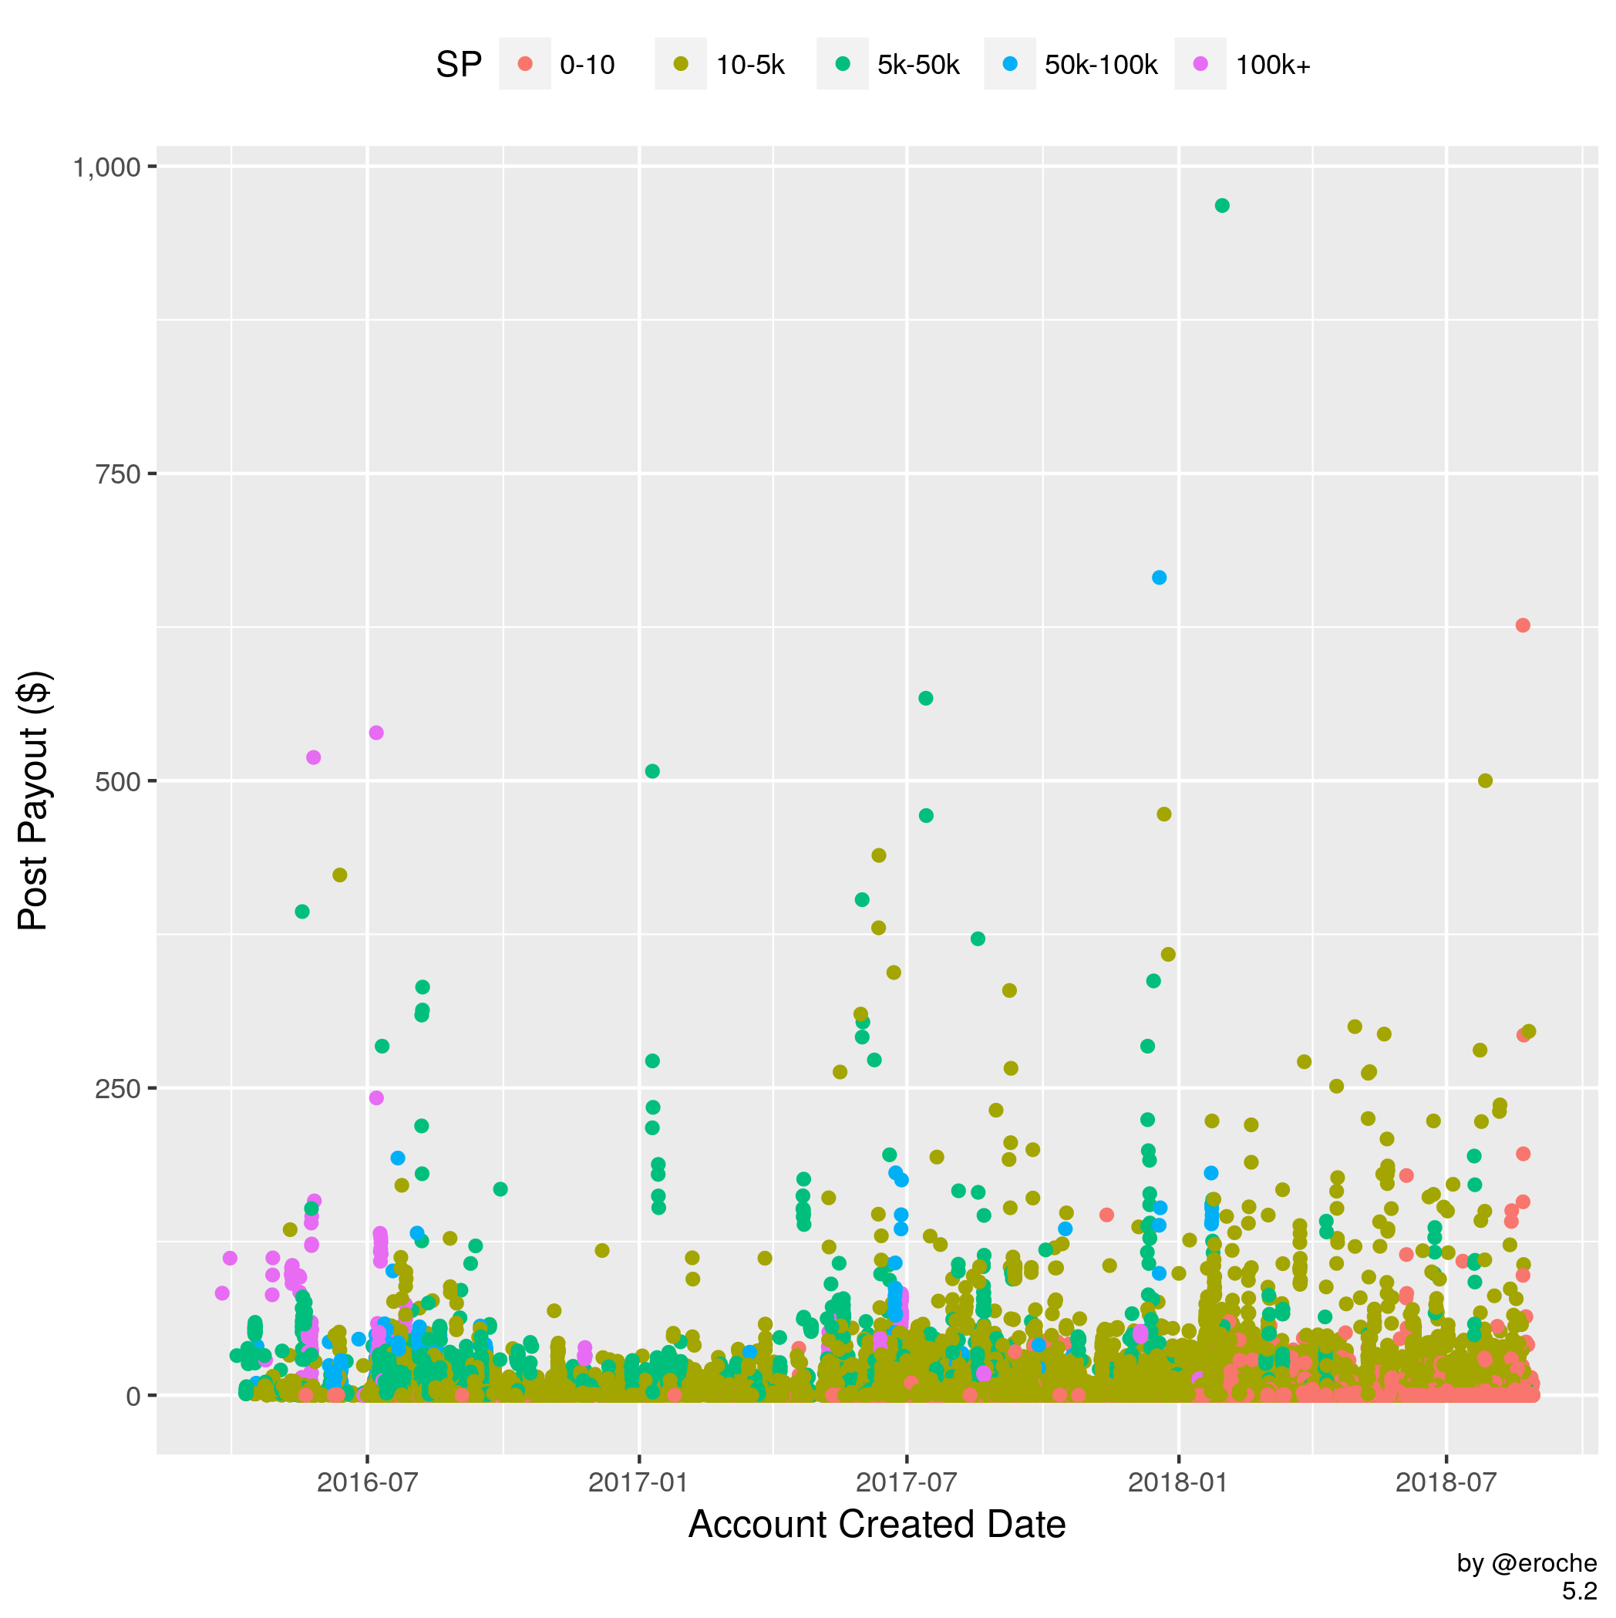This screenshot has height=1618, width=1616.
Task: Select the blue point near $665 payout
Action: coord(1159,578)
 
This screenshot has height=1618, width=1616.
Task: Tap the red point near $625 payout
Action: coord(1523,625)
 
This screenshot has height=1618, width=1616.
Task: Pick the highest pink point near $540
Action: coord(376,733)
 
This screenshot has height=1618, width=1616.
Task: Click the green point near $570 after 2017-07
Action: coord(925,699)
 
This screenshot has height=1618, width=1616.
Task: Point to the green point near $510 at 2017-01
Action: coord(652,771)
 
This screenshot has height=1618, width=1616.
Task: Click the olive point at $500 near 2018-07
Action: coord(1486,780)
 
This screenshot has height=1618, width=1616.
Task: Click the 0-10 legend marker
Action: coord(525,64)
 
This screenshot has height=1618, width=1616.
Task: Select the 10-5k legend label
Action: coord(750,66)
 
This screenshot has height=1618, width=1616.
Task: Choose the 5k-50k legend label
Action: coord(917,66)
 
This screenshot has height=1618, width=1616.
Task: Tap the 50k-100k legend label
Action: coord(1100,66)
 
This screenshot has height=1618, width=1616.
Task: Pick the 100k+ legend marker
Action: coord(1200,64)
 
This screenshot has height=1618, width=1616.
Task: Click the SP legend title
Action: coord(459,66)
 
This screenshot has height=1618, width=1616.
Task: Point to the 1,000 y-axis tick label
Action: coord(106,167)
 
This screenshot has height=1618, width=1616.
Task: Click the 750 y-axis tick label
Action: coord(118,474)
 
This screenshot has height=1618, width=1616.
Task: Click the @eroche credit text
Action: coord(1527,1563)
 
